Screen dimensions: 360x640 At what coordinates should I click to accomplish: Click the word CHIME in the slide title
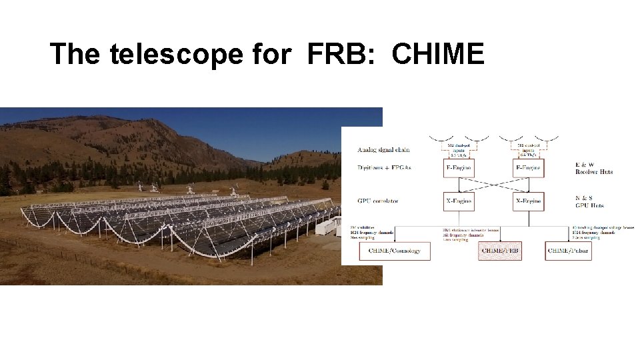click(438, 53)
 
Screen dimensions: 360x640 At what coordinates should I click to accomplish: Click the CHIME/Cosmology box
click(395, 251)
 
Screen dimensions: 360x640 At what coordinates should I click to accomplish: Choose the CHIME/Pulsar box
click(568, 251)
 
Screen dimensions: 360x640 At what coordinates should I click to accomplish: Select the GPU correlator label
click(374, 201)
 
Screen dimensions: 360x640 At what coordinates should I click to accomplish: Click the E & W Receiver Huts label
click(593, 167)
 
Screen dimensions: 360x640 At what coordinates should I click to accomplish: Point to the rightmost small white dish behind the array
click(234, 192)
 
